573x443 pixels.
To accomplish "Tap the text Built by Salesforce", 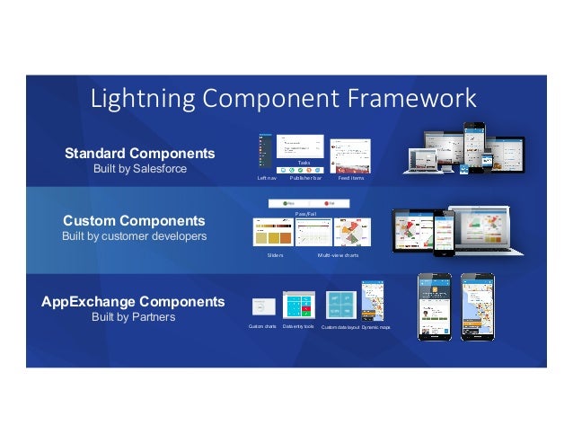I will point(139,169).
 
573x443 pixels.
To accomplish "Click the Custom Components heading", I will point(133,219).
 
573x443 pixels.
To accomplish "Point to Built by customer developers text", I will point(133,236).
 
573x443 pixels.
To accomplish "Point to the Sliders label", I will point(275,255).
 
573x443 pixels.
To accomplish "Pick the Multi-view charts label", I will point(338,255).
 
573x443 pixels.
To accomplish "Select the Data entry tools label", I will point(298,326).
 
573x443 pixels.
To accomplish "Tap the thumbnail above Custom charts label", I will point(263,306).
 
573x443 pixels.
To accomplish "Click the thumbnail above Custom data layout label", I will point(340,305).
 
